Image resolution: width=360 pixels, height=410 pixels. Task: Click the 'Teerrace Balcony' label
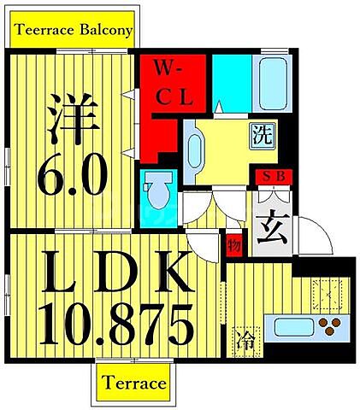click(x=72, y=32)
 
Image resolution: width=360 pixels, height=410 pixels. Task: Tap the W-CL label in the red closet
click(x=174, y=82)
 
